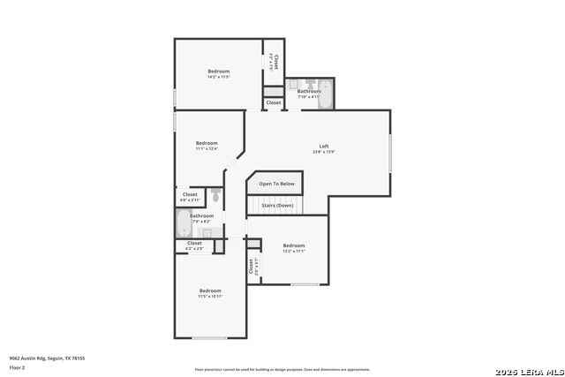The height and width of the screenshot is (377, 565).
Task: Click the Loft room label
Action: (x=324, y=147)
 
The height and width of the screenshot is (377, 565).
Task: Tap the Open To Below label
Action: (x=275, y=184)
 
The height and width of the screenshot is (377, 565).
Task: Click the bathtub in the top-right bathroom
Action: (x=324, y=94)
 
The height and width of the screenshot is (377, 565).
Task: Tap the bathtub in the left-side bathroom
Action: (x=183, y=224)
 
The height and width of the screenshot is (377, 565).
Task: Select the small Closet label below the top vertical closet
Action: (x=274, y=102)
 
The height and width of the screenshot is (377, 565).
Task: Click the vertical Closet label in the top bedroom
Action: (x=275, y=62)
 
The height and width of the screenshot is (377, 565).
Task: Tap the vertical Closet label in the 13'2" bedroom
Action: (x=252, y=265)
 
